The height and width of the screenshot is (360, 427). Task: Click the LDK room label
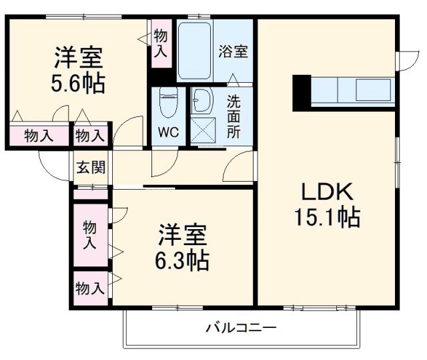click(326, 192)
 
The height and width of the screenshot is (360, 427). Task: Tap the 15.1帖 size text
click(326, 217)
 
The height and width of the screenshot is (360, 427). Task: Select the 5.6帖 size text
click(79, 84)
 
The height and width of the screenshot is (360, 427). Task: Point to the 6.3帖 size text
click(183, 259)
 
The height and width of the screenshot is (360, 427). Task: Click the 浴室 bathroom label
click(233, 51)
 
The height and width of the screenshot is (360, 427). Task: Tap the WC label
click(167, 132)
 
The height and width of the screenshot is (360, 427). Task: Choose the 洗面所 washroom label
click(233, 117)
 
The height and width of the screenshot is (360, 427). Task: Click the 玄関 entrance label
click(89, 168)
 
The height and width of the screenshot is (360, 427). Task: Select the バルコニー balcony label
click(240, 329)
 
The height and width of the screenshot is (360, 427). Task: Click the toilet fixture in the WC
click(168, 104)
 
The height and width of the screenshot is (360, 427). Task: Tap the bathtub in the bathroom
click(195, 51)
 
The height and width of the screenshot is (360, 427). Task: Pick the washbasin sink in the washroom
click(201, 102)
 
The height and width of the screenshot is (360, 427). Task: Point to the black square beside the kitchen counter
click(302, 92)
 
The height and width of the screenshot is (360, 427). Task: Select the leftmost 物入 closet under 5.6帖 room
click(39, 136)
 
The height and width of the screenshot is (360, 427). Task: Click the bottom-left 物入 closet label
click(89, 289)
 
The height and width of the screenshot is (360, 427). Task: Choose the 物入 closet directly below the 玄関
click(89, 234)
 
